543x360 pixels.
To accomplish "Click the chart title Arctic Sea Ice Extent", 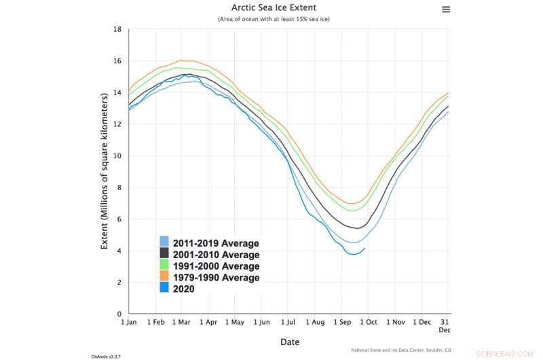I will (x=274, y=8).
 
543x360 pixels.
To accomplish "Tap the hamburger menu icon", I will (x=446, y=9).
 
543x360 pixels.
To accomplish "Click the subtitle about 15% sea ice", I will (x=274, y=20).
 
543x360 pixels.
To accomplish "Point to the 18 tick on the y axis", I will (x=117, y=30).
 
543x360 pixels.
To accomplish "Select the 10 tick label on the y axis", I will (x=117, y=156).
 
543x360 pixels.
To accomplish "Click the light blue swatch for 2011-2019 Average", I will (x=164, y=243).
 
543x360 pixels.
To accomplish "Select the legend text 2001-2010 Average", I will (x=216, y=255).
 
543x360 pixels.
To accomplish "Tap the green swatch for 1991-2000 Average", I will (x=164, y=266).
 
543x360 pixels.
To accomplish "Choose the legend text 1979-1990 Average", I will (x=216, y=278).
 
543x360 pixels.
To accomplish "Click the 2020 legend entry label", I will (x=183, y=289).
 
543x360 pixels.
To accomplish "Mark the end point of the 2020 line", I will (x=365, y=248).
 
